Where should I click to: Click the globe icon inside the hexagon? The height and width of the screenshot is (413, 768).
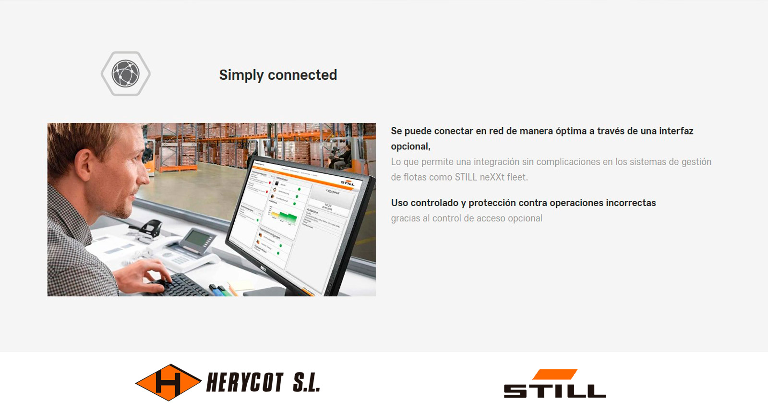tap(125, 73)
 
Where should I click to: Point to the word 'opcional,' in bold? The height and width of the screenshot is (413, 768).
tap(410, 146)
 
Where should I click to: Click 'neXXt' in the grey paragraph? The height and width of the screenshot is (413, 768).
tap(492, 177)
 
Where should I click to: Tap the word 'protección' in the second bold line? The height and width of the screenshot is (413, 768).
tap(492, 203)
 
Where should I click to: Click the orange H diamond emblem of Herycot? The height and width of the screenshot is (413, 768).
tap(168, 382)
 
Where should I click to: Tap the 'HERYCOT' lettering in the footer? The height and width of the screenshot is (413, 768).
tap(245, 383)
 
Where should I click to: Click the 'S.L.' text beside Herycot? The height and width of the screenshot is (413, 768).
tap(306, 383)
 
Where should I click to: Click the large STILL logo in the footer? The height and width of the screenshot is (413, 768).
tap(554, 384)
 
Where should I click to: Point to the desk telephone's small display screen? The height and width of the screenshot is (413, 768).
tap(197, 238)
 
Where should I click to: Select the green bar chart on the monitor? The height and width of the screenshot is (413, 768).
tap(283, 216)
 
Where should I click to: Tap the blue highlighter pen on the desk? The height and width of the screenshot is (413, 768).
tap(222, 290)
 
